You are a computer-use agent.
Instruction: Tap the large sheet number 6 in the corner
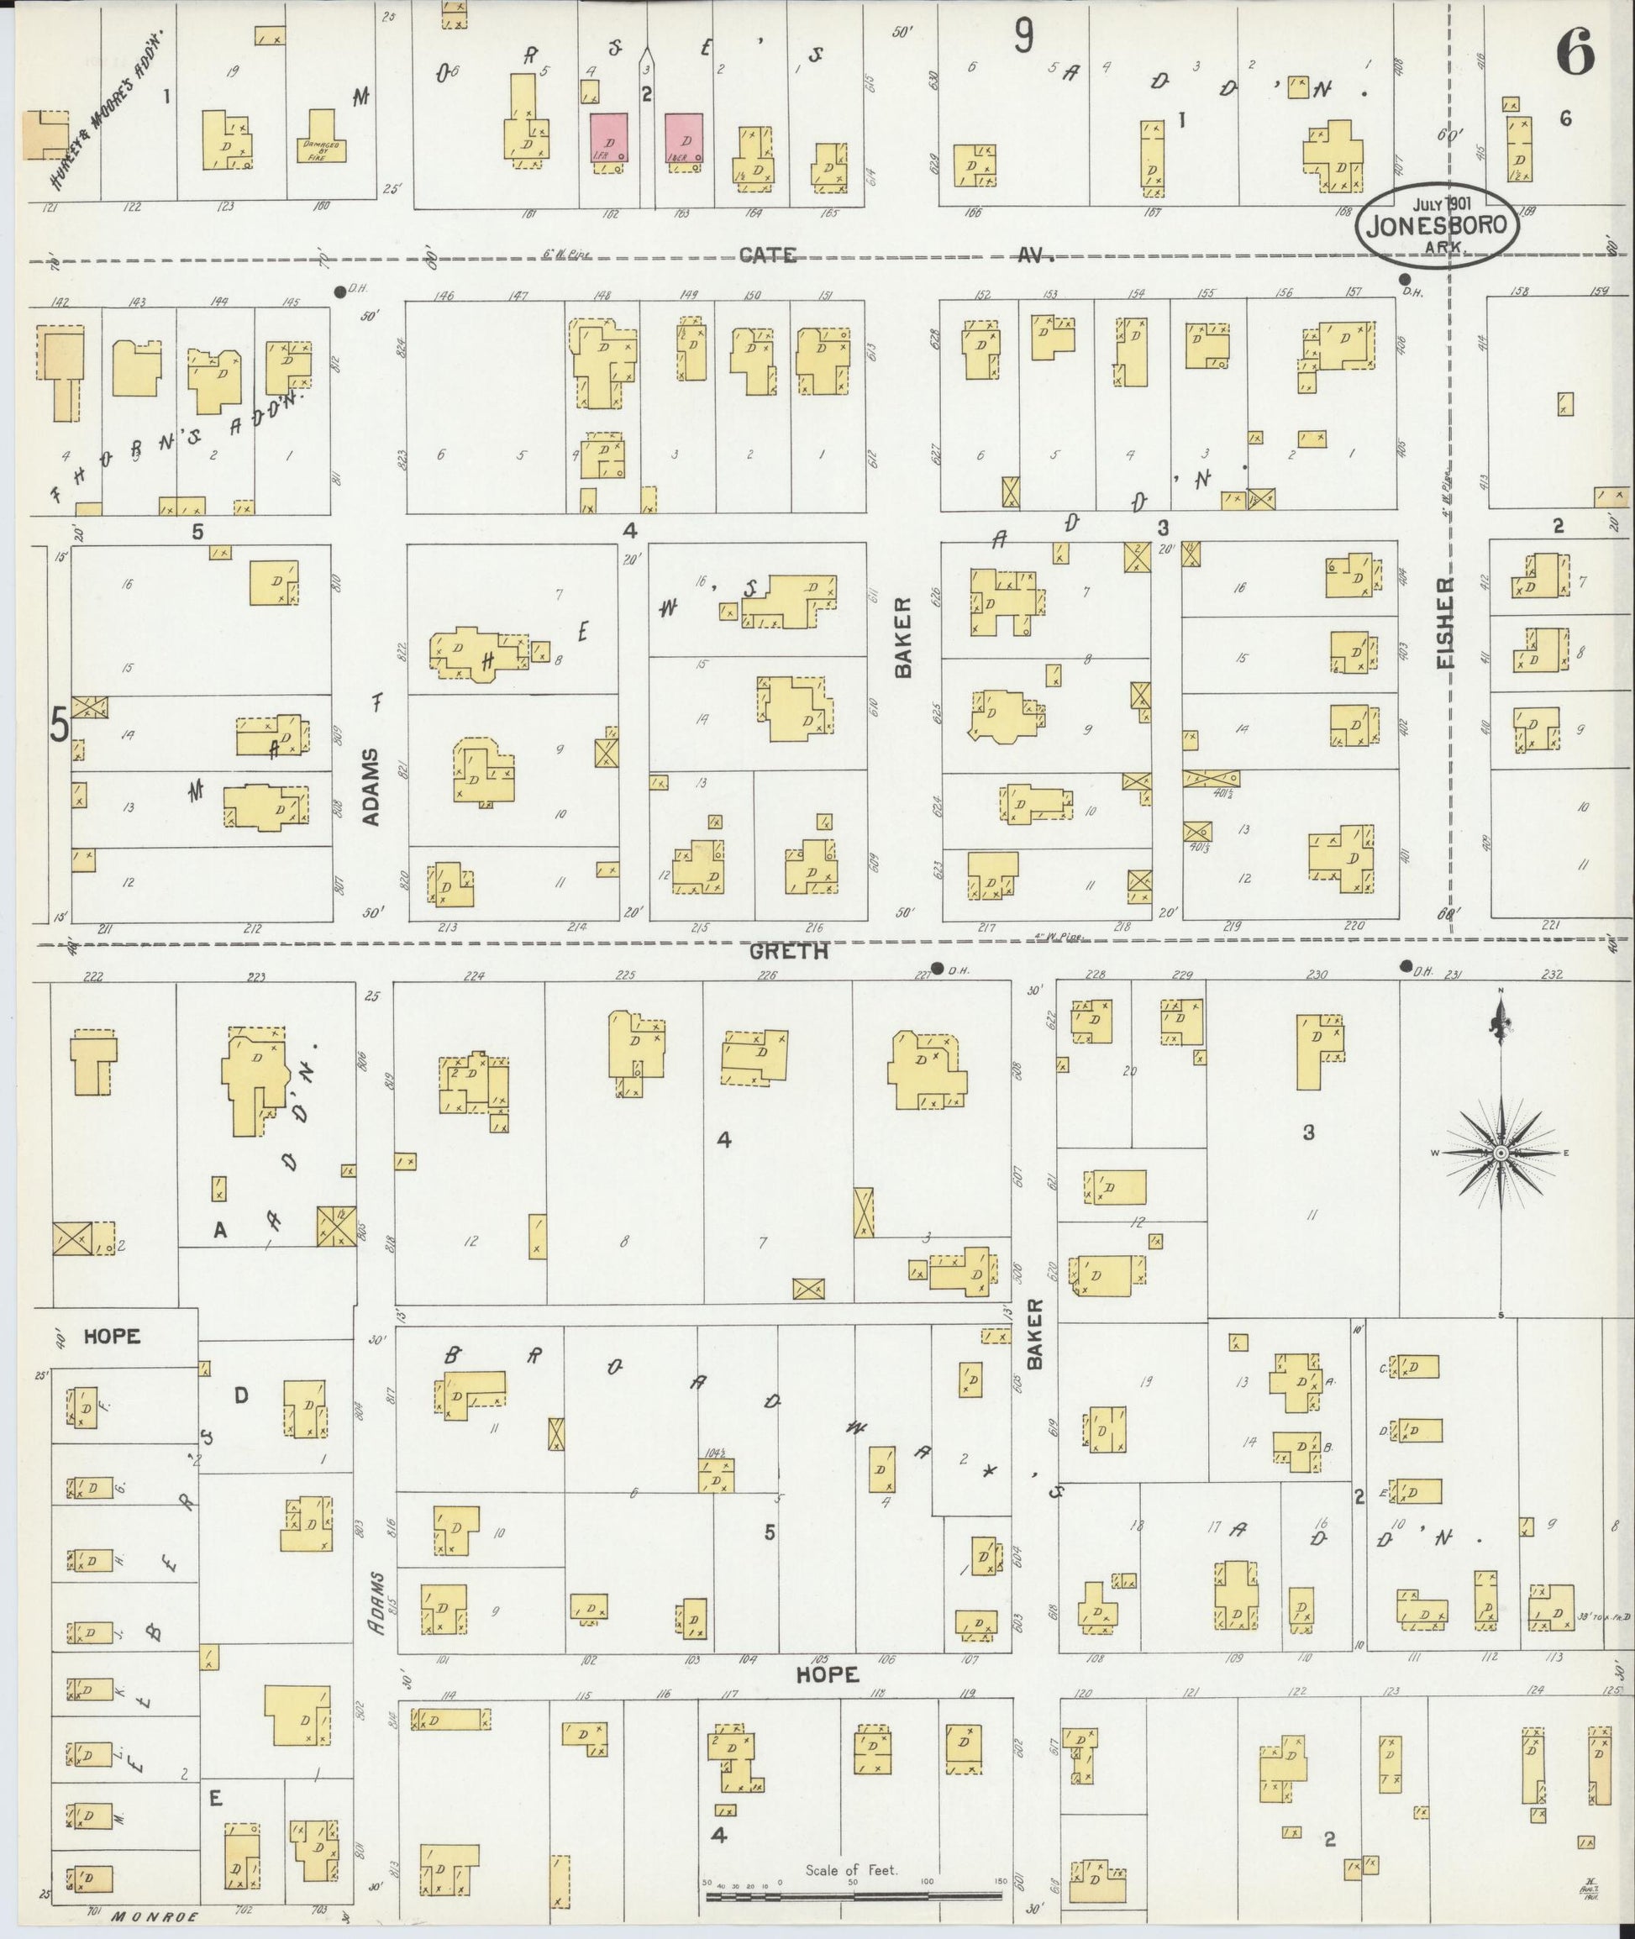pos(1575,52)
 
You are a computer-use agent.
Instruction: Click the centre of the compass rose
pos(1500,1152)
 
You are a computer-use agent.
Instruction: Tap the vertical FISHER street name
pos(1446,623)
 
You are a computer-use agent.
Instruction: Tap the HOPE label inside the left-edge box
pos(111,1337)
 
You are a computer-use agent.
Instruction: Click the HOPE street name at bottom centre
pos(828,1674)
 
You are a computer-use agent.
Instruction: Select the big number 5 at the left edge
pos(59,725)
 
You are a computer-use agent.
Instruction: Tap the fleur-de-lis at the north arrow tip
pos(1500,1022)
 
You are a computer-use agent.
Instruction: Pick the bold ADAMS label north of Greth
pos(371,786)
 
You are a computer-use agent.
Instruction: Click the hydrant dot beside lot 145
pos(339,290)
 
